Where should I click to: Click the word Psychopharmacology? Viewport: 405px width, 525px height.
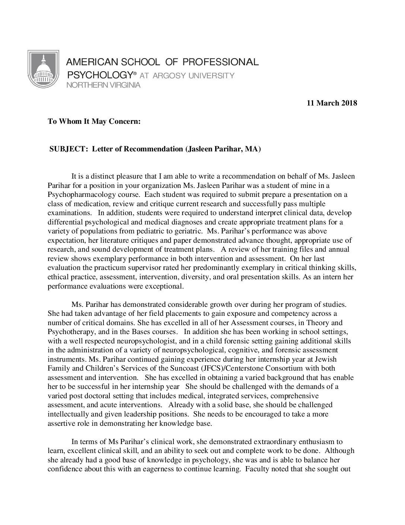[x=80, y=194]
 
